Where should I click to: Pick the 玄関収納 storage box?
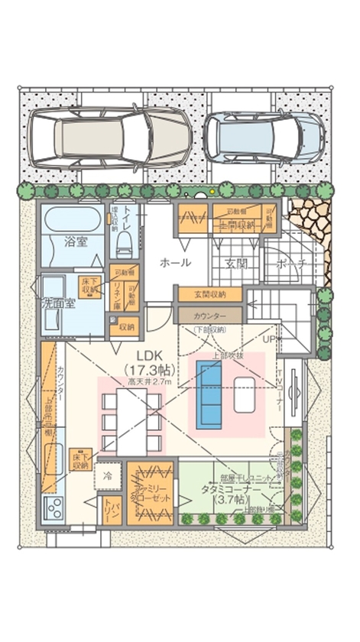click(209, 294)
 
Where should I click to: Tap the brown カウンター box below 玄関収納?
click(209, 314)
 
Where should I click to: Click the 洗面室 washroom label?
click(57, 303)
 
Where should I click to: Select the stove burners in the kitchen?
click(54, 507)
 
